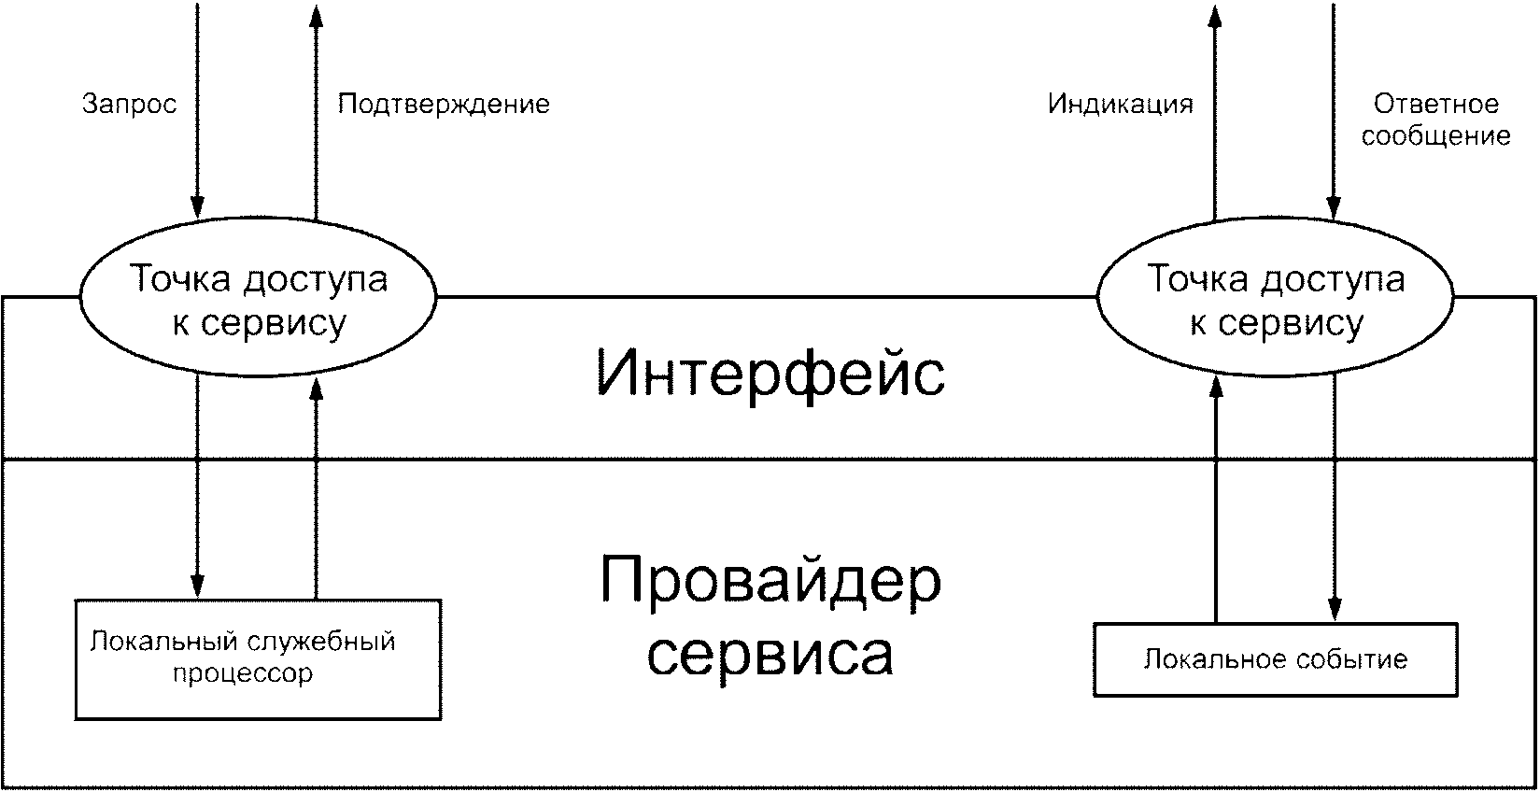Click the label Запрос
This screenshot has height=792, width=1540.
coord(129,104)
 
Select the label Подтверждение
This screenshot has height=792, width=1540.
coord(444,104)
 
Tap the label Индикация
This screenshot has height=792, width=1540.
coord(1120,104)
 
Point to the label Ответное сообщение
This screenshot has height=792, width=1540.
coord(1435,120)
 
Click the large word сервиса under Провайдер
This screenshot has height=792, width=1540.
coord(770,654)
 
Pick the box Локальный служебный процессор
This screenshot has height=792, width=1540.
coord(258,659)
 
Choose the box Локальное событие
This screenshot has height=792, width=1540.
coord(1275,660)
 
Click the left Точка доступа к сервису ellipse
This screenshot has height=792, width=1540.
coord(258,300)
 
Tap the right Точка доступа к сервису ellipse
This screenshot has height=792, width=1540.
coord(1275,300)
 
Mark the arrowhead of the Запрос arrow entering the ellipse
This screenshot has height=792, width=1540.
coord(197,208)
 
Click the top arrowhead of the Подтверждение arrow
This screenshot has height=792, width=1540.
coord(317,14)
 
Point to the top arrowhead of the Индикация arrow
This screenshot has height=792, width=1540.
coord(1216,14)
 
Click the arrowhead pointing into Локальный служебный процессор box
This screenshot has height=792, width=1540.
coord(197,588)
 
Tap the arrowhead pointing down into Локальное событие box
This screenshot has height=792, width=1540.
coord(1335,612)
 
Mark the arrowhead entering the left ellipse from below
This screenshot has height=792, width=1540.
coord(317,389)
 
